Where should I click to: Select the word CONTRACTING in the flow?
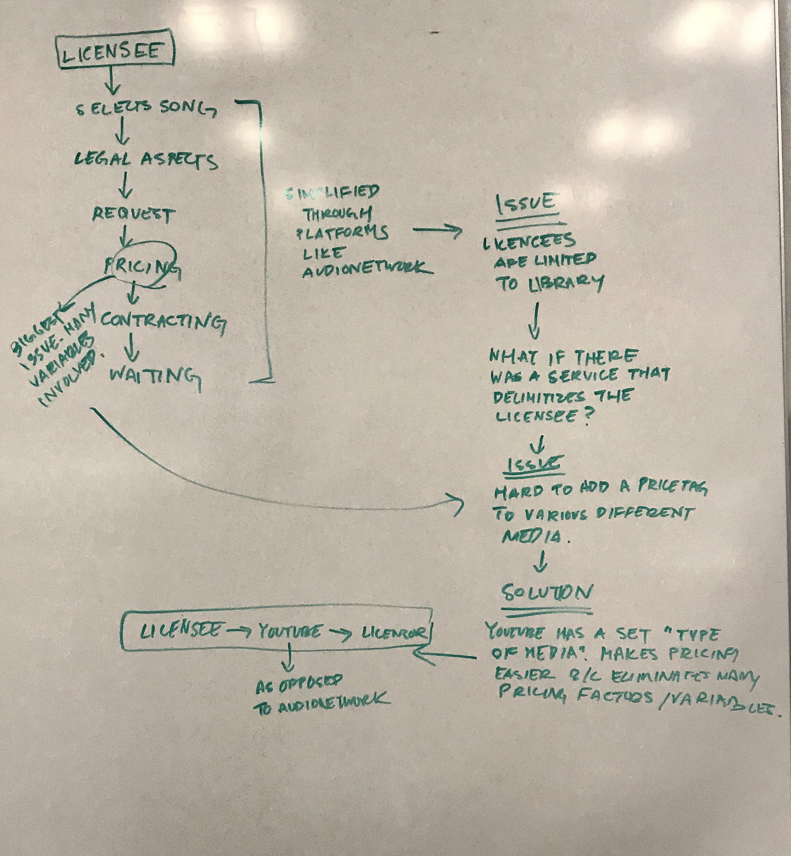click(x=163, y=322)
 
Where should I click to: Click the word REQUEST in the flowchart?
click(x=132, y=214)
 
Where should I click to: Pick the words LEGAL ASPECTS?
click(x=145, y=160)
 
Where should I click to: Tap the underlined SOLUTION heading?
click(x=546, y=593)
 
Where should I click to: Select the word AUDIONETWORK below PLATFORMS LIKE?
click(x=366, y=270)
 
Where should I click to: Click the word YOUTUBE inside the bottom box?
click(x=290, y=632)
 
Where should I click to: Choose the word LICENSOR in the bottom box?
click(x=394, y=633)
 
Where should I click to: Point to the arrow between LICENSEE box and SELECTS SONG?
click(x=113, y=80)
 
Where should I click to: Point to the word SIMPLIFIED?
click(x=333, y=192)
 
